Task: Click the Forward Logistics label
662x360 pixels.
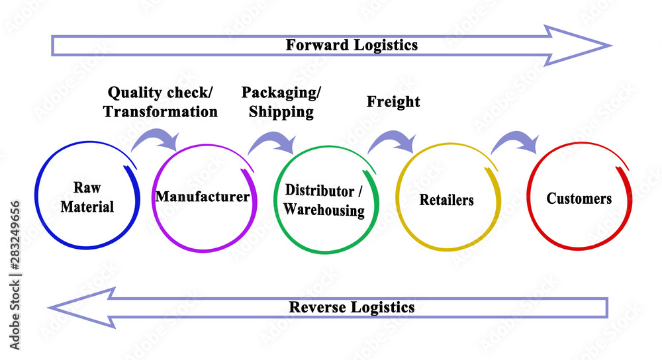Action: (352, 45)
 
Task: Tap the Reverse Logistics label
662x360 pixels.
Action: (352, 307)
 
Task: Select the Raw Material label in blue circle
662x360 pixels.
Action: (87, 197)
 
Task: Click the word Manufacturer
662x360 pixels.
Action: (202, 197)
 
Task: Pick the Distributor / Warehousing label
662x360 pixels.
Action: (324, 201)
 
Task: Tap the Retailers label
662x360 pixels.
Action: (447, 199)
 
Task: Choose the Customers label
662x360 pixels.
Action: (579, 198)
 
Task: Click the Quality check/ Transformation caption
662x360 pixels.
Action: (160, 102)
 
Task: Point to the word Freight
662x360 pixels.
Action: (393, 102)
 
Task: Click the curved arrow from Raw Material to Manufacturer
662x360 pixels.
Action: (157, 139)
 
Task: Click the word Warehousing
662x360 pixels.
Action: (324, 210)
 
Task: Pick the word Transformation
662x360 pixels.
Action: (160, 112)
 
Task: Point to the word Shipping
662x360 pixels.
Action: (281, 112)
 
